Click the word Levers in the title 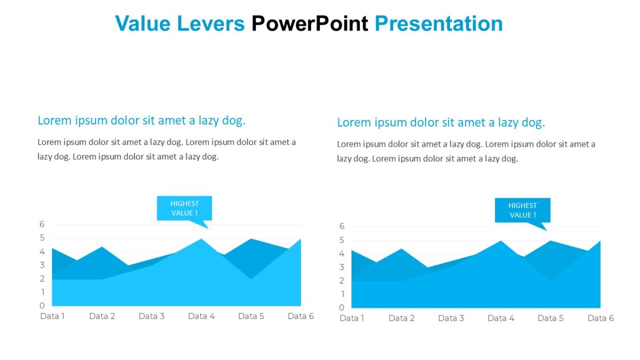coord(211,24)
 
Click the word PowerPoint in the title coord(310,24)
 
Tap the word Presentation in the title coord(438,24)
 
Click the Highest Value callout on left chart coord(184,208)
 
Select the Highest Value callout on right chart coord(522,210)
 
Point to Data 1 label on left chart coord(52,316)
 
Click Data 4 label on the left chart coord(201,316)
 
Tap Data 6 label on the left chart coord(300,316)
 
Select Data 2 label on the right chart coord(401,318)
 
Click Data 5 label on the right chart coord(550,318)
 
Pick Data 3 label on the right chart coord(451,318)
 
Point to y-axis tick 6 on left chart coord(42,225)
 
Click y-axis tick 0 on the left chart coord(42,306)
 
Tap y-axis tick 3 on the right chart coord(342,267)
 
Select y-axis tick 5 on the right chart coord(342,240)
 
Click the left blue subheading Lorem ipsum coord(141,121)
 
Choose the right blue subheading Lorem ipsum coord(441,123)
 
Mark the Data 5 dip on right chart coord(550,280)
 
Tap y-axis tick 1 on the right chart coord(342,294)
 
